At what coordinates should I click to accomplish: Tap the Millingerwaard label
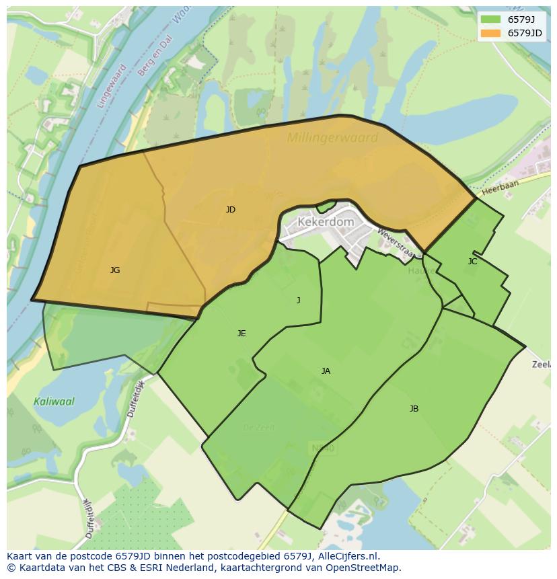click(332, 138)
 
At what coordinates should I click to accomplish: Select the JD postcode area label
click(231, 210)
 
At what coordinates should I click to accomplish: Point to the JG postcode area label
click(115, 270)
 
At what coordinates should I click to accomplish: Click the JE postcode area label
click(242, 334)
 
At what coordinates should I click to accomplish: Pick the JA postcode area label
click(326, 371)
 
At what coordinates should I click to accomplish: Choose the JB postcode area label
click(414, 409)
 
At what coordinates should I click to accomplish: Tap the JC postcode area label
click(472, 262)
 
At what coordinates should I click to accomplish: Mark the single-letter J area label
click(299, 301)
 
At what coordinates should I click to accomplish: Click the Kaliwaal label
click(54, 401)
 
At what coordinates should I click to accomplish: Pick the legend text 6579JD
click(525, 33)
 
